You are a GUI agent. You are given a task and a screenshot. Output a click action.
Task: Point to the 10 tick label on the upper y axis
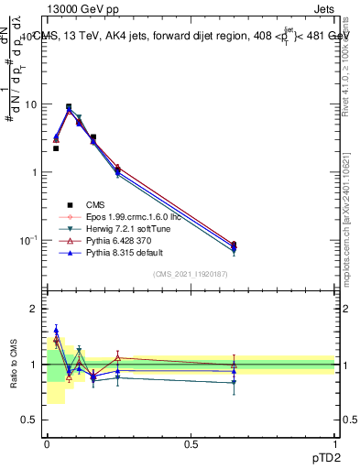tap(33, 104)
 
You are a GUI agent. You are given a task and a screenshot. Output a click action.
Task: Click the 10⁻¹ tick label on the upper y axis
tap(30, 240)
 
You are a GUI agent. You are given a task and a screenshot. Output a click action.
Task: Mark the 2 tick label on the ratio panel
tap(38, 309)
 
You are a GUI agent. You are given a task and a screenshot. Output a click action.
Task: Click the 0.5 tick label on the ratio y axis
tap(33, 420)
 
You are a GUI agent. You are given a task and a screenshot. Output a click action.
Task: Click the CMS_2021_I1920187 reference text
tap(191, 274)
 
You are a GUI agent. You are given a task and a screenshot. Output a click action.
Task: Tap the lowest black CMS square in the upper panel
tap(234, 245)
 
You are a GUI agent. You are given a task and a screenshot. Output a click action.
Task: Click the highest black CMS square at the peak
tap(69, 107)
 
